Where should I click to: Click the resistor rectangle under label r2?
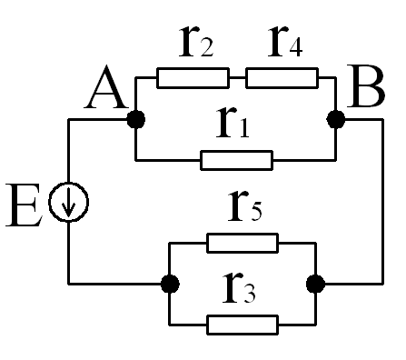tap(193, 78)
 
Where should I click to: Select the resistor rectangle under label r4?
tap(282, 78)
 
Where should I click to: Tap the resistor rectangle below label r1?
tap(236, 160)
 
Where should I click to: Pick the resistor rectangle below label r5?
tap(243, 243)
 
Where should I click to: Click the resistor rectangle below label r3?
tap(243, 325)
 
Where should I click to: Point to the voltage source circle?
tap(49, 202)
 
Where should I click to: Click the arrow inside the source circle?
tap(69, 202)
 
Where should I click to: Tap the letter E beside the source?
tap(24, 205)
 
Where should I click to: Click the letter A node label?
tap(106, 87)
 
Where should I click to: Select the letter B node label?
tap(366, 86)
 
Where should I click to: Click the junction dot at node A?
tap(136, 119)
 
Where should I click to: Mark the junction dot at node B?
tap(336, 119)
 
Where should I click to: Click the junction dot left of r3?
tap(170, 284)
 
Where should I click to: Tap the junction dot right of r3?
tap(316, 284)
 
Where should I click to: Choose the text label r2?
tap(196, 42)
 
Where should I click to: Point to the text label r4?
tap(285, 42)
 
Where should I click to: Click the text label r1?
tap(233, 124)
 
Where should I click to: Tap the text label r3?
tap(239, 288)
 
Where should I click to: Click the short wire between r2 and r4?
tap(237, 78)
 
